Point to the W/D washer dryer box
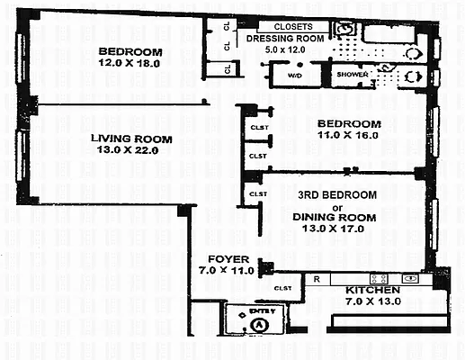pos(294,76)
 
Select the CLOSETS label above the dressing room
pos(293,27)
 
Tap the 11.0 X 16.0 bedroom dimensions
pos(349,135)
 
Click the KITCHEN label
pos(372,292)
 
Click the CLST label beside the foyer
pos(284,288)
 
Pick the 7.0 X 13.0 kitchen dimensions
pos(372,303)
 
